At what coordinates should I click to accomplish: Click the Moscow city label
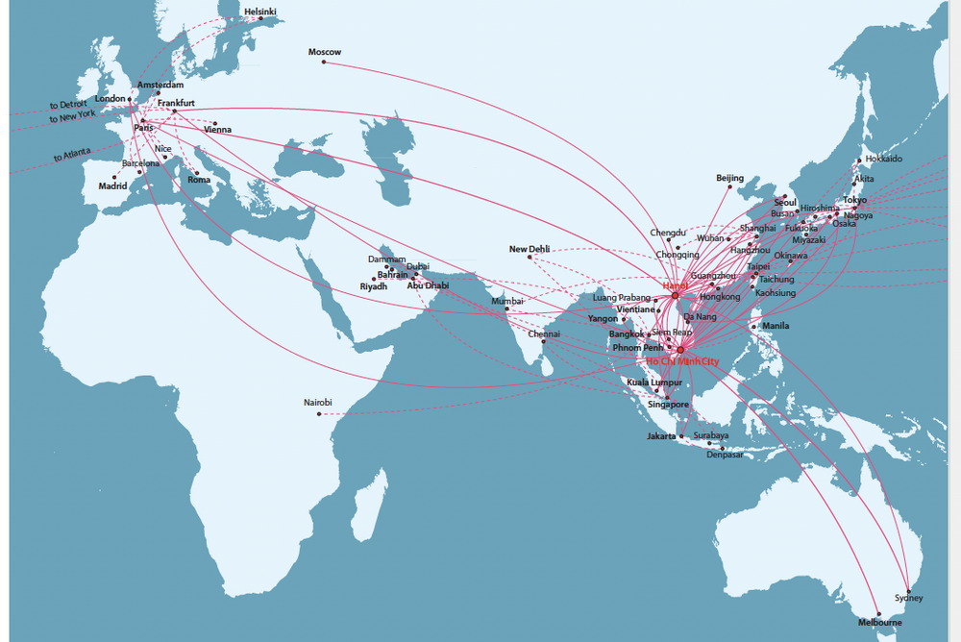(x=324, y=52)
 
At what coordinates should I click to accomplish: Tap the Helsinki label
(x=259, y=12)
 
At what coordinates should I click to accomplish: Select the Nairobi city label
(x=317, y=402)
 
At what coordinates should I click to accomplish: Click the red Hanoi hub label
(x=676, y=286)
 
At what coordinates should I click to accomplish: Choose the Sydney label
(x=908, y=599)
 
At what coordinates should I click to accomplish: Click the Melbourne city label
(x=880, y=623)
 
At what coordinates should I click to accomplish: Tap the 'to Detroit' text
(x=69, y=104)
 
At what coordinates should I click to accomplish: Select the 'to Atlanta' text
(x=72, y=155)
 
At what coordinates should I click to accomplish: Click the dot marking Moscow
(x=324, y=62)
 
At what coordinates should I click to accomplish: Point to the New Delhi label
(x=530, y=249)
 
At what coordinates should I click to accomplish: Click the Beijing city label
(x=730, y=178)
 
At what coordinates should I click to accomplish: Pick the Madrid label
(x=112, y=186)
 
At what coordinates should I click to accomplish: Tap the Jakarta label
(x=662, y=436)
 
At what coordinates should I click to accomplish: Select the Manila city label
(x=775, y=326)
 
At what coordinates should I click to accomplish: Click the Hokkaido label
(x=883, y=159)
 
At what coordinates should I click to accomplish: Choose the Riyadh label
(x=373, y=286)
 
